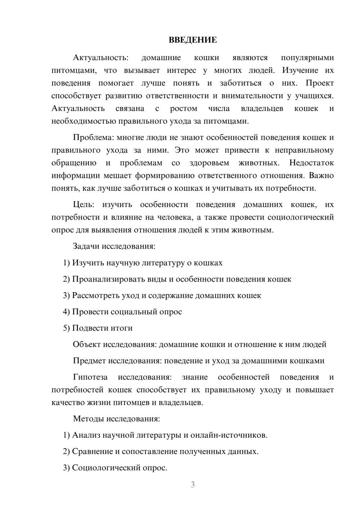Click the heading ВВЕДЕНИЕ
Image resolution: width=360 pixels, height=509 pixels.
[x=193, y=40]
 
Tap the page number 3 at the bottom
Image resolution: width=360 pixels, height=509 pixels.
[x=193, y=485]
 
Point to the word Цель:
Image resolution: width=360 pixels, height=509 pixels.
[x=84, y=205]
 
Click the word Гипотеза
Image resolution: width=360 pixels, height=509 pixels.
[x=90, y=377]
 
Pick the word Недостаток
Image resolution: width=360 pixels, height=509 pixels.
[x=311, y=163]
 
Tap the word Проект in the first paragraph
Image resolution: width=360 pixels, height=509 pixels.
[x=320, y=83]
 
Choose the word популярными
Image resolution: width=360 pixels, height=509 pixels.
[x=307, y=58]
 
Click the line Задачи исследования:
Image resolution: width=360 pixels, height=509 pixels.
[x=114, y=247]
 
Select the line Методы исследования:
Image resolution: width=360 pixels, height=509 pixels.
[x=116, y=419]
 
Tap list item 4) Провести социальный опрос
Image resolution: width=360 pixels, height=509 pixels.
[x=122, y=312]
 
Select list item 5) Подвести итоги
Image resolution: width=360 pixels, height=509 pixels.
[x=98, y=328]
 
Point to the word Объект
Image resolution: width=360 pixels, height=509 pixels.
[x=87, y=344]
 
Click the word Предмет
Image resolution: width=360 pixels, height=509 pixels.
[x=89, y=361]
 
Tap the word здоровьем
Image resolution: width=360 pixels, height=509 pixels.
[x=209, y=163]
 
